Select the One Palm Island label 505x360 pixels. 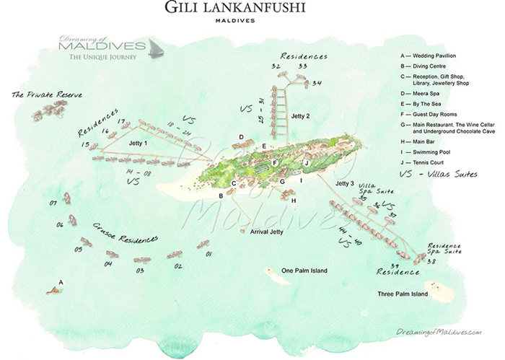[304, 271]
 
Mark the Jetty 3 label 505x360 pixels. [345, 184]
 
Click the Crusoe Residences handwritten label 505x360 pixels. [126, 232]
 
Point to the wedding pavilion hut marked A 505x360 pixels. [54, 290]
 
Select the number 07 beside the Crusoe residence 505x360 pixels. [53, 203]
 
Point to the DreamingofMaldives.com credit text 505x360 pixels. [438, 331]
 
